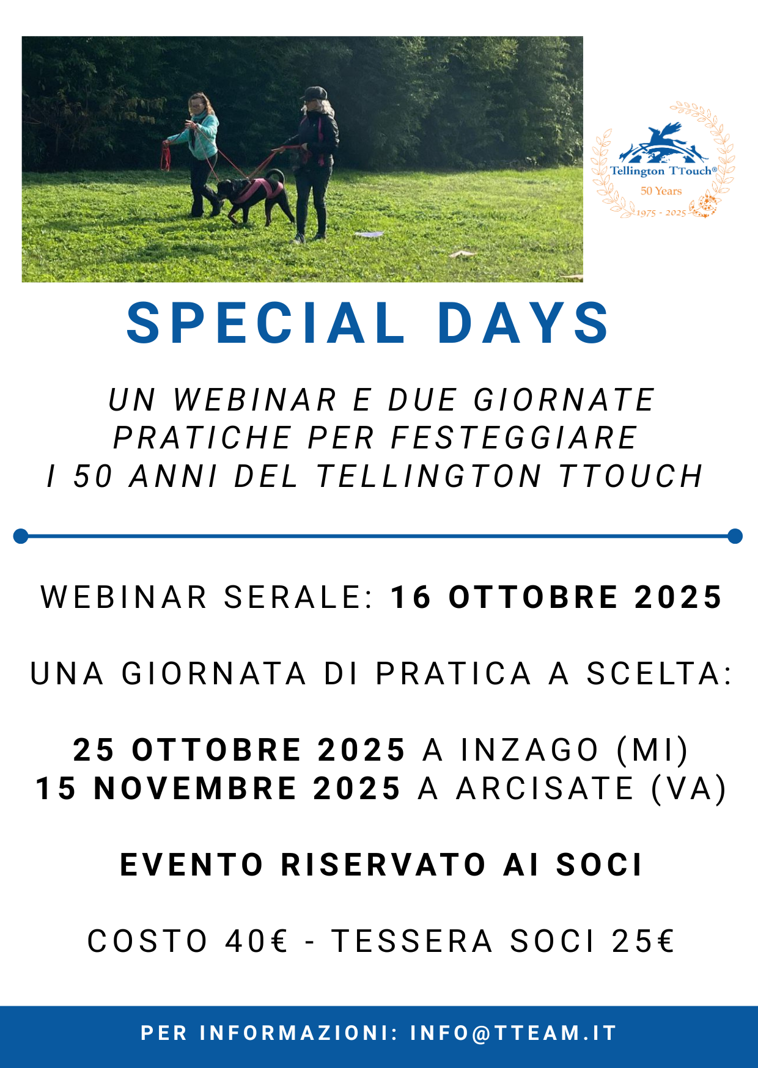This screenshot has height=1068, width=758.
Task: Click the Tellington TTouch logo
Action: (663, 161)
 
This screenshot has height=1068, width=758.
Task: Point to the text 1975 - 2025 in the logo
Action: (661, 213)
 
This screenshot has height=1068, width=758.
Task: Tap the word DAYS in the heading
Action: (523, 323)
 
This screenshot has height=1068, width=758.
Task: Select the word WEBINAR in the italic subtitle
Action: (255, 400)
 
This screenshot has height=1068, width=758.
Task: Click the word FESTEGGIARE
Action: (515, 438)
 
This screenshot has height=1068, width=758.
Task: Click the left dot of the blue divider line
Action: (21, 536)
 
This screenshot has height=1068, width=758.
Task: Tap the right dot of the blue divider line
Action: (735, 536)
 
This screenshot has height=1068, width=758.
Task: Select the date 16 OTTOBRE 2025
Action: (557, 598)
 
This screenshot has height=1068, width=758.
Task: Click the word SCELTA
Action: (659, 674)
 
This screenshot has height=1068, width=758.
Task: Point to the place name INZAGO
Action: (529, 750)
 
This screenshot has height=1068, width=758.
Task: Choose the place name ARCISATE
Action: (545, 788)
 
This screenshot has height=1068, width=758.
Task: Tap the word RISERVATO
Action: (384, 865)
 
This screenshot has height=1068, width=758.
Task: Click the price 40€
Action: (257, 941)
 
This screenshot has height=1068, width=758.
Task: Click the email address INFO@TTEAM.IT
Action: (513, 1033)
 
